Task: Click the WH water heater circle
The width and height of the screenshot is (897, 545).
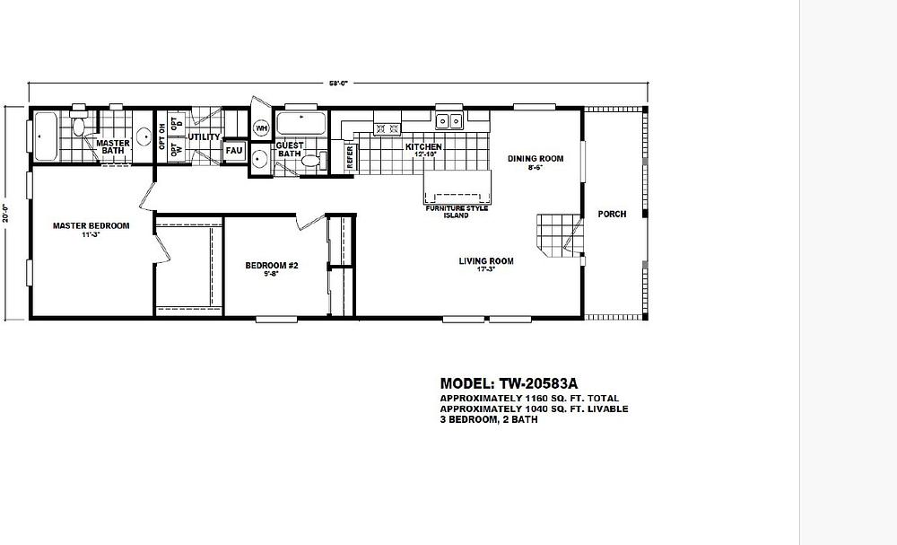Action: (261, 128)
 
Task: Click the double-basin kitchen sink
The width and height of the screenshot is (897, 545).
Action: (448, 120)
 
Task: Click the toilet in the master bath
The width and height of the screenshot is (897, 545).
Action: (79, 127)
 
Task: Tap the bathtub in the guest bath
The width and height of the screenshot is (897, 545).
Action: (301, 123)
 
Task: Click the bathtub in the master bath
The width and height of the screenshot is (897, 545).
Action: (46, 136)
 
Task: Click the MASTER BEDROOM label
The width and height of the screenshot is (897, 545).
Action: (91, 226)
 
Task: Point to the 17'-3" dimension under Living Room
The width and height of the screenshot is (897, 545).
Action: (486, 269)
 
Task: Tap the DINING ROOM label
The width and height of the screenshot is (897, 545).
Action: (536, 159)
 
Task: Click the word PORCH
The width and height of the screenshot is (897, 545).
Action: (612, 214)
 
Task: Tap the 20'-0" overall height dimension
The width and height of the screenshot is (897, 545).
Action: (7, 212)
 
